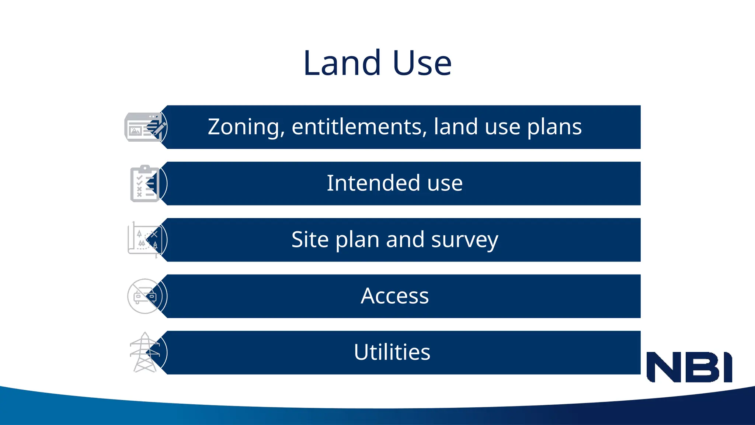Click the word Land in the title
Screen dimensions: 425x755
342,63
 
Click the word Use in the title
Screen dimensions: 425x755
422,63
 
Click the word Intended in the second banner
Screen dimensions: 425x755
373,183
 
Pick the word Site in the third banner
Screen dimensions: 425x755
310,239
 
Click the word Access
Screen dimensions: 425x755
394,296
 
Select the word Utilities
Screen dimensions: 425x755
392,352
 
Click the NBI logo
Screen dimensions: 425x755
689,367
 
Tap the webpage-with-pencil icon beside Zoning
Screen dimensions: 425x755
145,127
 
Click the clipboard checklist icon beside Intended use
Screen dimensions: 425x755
145,183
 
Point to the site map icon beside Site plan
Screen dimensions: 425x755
145,239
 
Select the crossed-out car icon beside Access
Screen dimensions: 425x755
145,296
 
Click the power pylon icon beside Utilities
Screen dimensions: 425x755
145,352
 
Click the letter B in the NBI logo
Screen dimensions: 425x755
701,367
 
